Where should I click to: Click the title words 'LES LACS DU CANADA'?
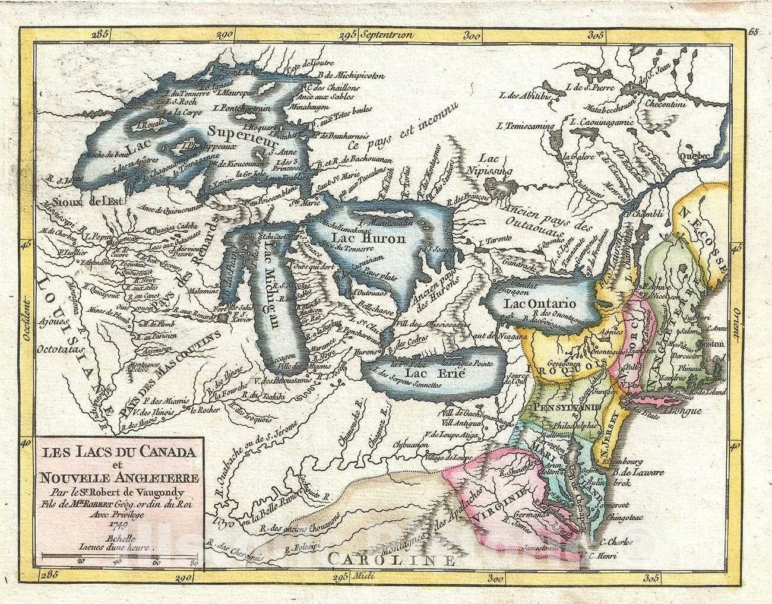click(116, 451)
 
